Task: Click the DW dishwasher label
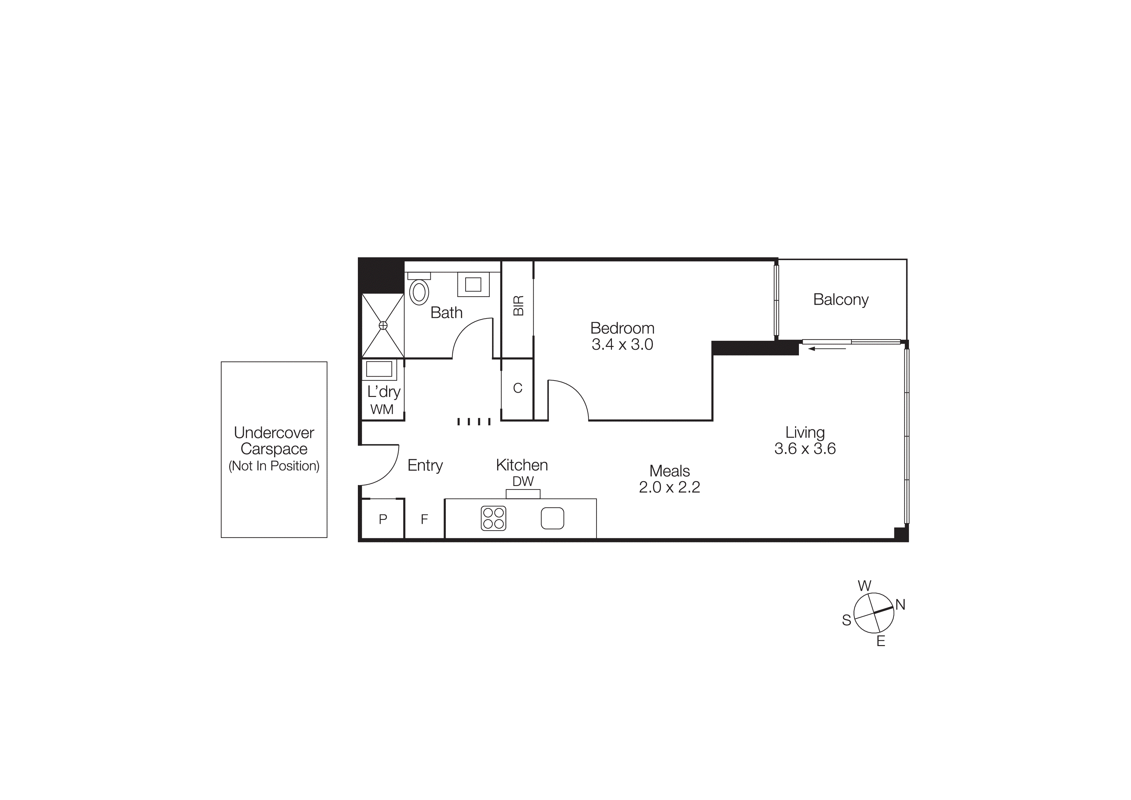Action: (523, 481)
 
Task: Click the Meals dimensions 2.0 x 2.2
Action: (669, 487)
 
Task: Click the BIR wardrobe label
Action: (518, 306)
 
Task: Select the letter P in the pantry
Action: (383, 519)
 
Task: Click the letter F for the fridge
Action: (424, 519)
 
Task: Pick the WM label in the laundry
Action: (382, 410)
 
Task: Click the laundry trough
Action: (379, 369)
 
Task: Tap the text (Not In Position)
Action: (274, 466)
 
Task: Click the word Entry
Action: (425, 465)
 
